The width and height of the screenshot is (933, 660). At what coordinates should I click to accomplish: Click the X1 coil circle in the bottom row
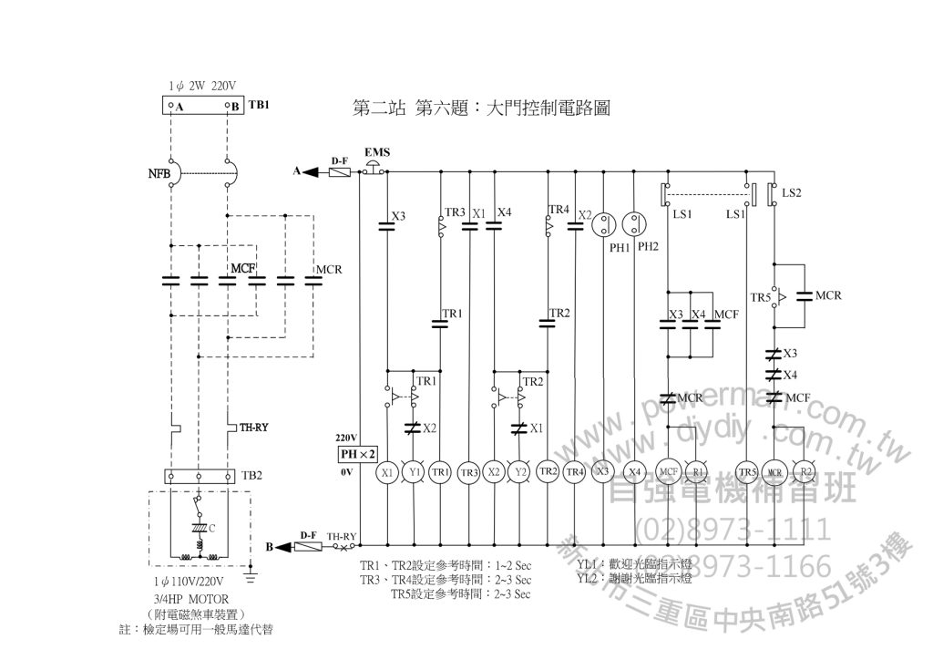pos(387,472)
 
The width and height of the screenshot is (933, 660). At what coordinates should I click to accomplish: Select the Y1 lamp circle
pos(414,472)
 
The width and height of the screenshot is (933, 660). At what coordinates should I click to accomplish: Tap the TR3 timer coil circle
pos(468,472)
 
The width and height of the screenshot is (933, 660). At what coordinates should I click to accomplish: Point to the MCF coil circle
pos(669,472)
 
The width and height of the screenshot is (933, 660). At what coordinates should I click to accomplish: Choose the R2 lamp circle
pos(805,472)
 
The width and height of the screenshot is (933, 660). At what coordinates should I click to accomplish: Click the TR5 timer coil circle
pos(747,472)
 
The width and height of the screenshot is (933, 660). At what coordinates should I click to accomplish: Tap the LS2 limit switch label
pos(791,193)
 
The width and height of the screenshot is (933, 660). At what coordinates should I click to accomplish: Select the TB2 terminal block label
pos(251,476)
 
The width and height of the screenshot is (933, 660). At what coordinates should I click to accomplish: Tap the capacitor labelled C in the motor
pos(199,528)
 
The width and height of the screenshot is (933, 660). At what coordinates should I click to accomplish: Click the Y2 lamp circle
pos(521,472)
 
